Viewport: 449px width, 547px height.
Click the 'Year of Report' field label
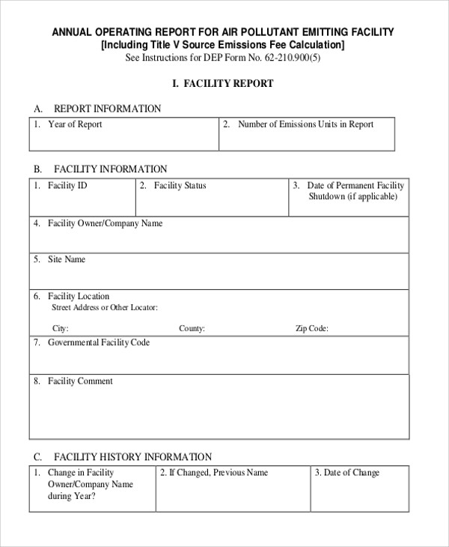[75, 124]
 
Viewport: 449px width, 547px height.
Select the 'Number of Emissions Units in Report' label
[305, 124]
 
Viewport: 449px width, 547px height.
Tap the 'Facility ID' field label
[67, 185]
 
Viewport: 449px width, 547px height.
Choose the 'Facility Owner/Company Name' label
[105, 223]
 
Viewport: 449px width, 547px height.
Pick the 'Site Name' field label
[67, 259]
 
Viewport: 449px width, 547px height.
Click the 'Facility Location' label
[79, 296]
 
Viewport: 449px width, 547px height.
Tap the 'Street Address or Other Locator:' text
[104, 307]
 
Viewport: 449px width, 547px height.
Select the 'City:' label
[61, 328]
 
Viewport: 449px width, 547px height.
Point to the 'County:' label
[192, 328]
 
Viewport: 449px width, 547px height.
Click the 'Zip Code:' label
[312, 328]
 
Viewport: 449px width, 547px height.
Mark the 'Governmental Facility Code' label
[99, 342]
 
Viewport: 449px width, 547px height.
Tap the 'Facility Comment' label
[80, 381]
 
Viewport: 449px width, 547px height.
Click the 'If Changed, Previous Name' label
[218, 473]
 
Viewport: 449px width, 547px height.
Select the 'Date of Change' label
[352, 473]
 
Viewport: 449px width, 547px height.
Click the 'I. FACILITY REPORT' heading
[223, 84]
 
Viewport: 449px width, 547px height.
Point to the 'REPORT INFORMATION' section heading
[107, 109]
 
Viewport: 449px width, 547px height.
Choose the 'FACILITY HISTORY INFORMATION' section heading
[132, 457]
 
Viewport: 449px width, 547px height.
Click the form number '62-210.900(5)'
[287, 57]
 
